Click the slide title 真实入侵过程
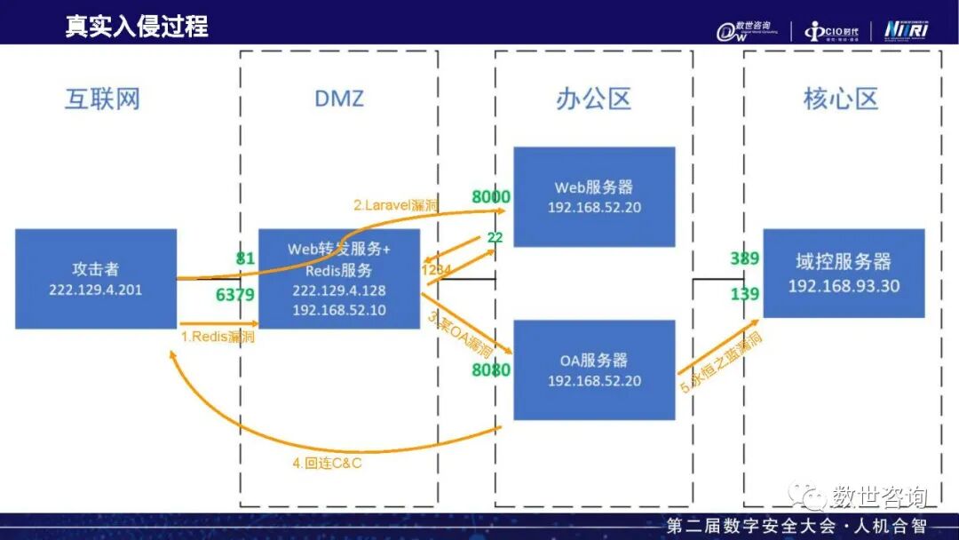pyautogui.click(x=137, y=26)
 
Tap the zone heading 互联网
pyautogui.click(x=102, y=99)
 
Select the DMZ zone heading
pyautogui.click(x=339, y=99)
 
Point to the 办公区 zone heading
pyautogui.click(x=593, y=99)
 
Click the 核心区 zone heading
pyautogui.click(x=840, y=99)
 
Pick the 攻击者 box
pyautogui.click(x=96, y=279)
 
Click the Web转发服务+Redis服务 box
pyautogui.click(x=338, y=279)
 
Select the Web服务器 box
pyautogui.click(x=594, y=196)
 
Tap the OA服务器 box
pyautogui.click(x=594, y=369)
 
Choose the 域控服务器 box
pyautogui.click(x=844, y=273)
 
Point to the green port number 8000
pyautogui.click(x=491, y=197)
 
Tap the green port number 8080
pyautogui.click(x=491, y=369)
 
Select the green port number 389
pyautogui.click(x=744, y=258)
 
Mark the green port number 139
pyautogui.click(x=744, y=294)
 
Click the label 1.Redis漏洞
pyautogui.click(x=218, y=337)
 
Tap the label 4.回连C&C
pyautogui.click(x=328, y=463)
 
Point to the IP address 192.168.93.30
pyautogui.click(x=844, y=286)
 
